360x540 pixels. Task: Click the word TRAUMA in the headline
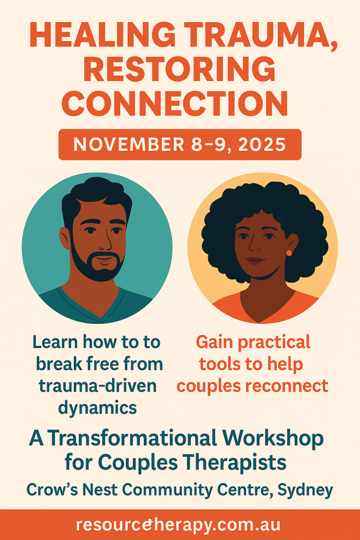coord(258,36)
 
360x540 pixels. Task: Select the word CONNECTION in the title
coord(177,103)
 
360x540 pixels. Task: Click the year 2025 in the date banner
coord(262,144)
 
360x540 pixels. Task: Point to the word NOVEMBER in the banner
coord(129,144)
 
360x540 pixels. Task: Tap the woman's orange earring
coord(289,253)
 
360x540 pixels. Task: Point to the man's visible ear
coord(65,238)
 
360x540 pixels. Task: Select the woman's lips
coord(255,261)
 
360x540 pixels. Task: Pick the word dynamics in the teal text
coord(98,408)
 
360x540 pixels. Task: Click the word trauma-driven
coord(98,385)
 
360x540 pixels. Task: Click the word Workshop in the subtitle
coord(273,438)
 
